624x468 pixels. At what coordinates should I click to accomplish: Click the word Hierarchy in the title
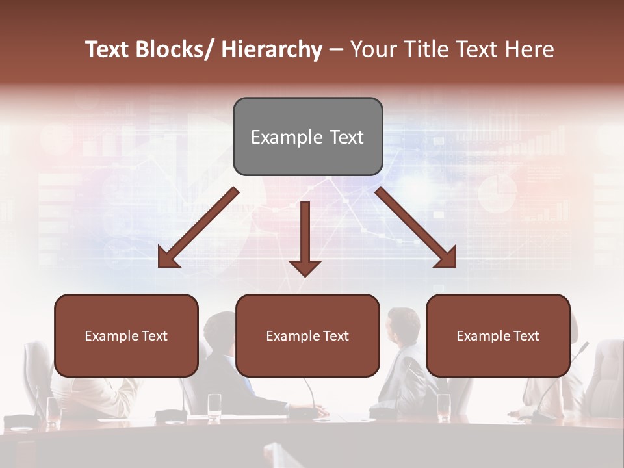click(x=272, y=50)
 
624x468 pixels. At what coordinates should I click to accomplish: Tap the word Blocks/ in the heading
click(x=177, y=50)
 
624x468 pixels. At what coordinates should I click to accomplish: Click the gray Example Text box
click(x=307, y=136)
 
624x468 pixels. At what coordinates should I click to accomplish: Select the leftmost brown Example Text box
click(x=126, y=335)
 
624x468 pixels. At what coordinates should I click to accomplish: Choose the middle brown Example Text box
click(x=307, y=335)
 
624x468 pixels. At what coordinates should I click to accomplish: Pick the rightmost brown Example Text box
click(x=498, y=335)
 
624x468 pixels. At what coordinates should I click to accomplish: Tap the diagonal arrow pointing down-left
click(x=198, y=228)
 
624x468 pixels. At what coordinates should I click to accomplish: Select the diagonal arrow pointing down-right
click(x=416, y=228)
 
